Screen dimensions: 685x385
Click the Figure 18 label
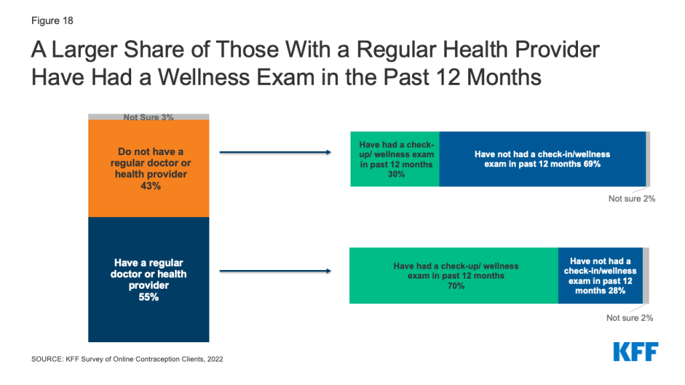(52, 21)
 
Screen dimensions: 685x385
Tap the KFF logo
(635, 352)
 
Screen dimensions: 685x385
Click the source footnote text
(127, 359)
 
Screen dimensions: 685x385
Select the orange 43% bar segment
(149, 168)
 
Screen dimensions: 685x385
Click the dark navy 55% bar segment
(149, 279)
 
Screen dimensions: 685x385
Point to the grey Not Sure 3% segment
(149, 116)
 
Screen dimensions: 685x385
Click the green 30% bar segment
(395, 159)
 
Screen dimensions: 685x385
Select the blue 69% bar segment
(543, 159)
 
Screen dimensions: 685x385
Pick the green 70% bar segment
(454, 275)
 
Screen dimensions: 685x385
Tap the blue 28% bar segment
(601, 275)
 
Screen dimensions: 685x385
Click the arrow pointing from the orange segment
(275, 152)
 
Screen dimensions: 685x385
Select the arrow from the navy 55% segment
(275, 271)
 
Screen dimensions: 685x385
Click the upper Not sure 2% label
(631, 199)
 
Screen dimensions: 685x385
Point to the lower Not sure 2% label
(629, 317)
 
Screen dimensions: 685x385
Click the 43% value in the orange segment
(151, 186)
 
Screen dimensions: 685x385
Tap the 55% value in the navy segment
(149, 297)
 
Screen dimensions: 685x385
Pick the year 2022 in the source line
(215, 359)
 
